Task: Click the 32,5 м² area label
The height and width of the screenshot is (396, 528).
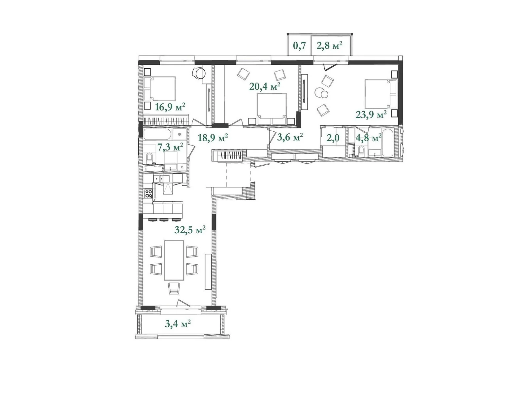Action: pos(190,230)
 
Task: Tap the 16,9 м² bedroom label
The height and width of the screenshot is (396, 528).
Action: pos(170,107)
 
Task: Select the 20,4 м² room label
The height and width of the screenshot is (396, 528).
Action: pos(265,86)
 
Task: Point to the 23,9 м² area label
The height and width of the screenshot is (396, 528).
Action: pos(371,115)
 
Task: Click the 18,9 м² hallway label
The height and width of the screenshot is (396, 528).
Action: pos(213,138)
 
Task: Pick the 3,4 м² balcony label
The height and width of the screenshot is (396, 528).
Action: pos(178,324)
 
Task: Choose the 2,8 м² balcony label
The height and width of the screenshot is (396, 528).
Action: pos(329,45)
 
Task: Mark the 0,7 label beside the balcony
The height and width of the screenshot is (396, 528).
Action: pos(300,46)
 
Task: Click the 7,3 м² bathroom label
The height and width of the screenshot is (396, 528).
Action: pos(170,147)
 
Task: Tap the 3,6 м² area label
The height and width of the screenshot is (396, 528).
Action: pos(290,137)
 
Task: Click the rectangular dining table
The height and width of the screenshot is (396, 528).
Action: pos(174,260)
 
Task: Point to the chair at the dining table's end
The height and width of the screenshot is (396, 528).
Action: pos(174,288)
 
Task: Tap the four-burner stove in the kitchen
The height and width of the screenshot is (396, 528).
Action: pos(148,194)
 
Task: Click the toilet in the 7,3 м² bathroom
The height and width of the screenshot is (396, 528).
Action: pos(149,158)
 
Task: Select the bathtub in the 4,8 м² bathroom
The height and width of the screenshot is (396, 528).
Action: pos(388,142)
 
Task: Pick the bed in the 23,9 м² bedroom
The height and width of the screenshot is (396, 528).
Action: pos(380,94)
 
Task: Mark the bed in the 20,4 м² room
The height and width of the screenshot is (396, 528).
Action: pos(272,109)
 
